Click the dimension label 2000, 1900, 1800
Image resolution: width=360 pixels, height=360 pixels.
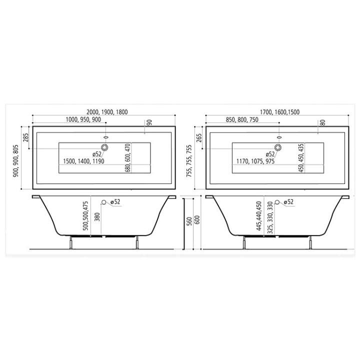pyautogui.click(x=107, y=112)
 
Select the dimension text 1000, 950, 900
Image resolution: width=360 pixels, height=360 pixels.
pyautogui.click(x=83, y=119)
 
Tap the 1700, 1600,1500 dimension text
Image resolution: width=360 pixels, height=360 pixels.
pyautogui.click(x=279, y=112)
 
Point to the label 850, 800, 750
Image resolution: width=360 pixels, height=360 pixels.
pyautogui.click(x=242, y=119)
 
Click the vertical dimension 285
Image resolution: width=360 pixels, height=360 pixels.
pyautogui.click(x=26, y=137)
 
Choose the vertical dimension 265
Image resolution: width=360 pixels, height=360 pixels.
pyautogui.click(x=199, y=138)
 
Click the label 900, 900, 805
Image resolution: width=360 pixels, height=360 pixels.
pyautogui.click(x=15, y=160)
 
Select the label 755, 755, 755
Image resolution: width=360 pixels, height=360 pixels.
pyautogui.click(x=189, y=160)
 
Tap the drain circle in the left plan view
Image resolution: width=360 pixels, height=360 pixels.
pyautogui.click(x=104, y=147)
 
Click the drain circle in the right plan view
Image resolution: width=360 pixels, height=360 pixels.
pyautogui.click(x=278, y=147)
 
